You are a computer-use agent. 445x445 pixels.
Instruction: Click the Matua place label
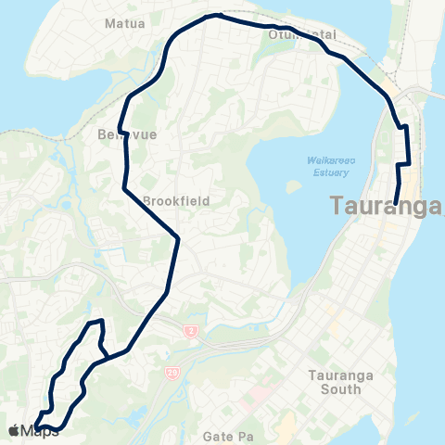[x=125, y=23]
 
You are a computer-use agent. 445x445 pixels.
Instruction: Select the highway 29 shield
[x=173, y=372]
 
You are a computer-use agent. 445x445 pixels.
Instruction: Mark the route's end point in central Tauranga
[x=396, y=203]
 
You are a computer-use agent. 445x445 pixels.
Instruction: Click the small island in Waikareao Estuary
[x=295, y=186]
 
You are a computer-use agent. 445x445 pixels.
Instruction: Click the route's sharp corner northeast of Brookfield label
[x=177, y=237]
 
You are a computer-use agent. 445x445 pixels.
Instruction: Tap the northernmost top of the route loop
[x=215, y=15]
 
